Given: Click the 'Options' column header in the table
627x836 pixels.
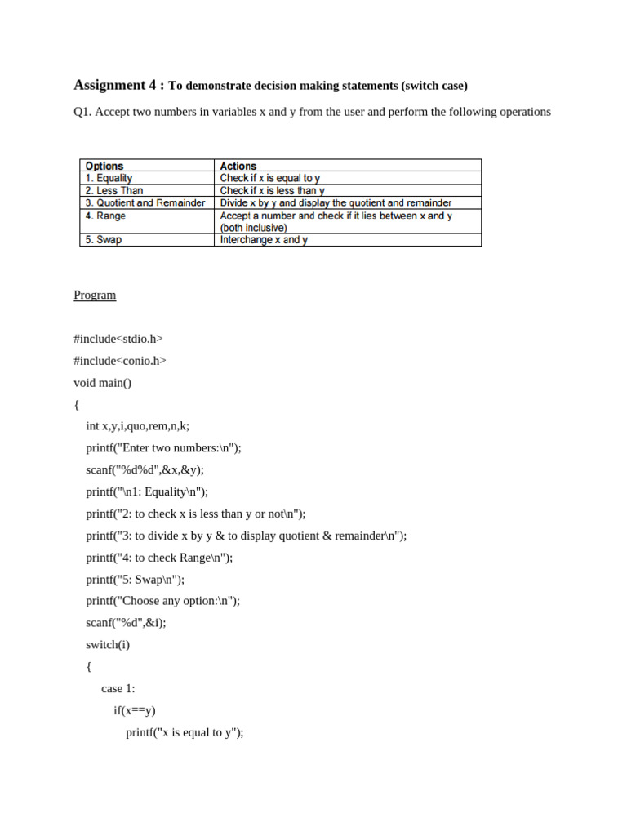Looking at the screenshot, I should (104, 166).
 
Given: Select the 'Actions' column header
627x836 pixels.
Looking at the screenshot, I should (238, 166).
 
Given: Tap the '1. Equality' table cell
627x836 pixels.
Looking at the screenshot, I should (109, 177).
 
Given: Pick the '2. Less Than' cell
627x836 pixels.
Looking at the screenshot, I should (114, 190).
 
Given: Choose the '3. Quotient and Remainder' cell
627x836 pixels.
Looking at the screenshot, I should (145, 202).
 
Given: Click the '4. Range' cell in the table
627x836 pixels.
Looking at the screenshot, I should (106, 216).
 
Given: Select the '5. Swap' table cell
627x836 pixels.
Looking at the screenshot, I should (104, 240).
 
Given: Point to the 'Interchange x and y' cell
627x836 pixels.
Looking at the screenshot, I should (264, 240).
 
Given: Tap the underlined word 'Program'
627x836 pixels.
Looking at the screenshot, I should (95, 295).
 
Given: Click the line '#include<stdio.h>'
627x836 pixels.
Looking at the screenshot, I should (118, 338).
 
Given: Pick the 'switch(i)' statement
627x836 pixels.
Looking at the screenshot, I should (108, 644).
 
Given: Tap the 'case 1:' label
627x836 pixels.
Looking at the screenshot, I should (118, 688).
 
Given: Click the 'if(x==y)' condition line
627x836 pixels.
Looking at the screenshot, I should (135, 710).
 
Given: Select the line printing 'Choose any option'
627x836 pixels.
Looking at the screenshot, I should (163, 600).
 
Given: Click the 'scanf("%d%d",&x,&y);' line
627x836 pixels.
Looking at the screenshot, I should (145, 469).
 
